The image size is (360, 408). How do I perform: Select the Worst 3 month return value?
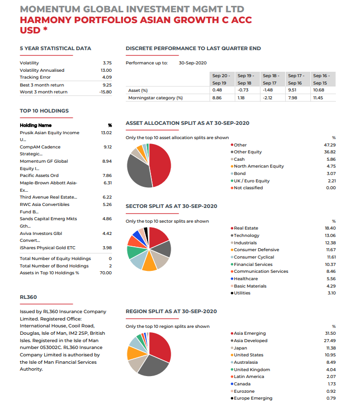pos(105,92)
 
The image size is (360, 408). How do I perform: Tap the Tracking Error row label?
pos(35,77)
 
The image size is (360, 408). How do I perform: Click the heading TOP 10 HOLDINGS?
pos(44,111)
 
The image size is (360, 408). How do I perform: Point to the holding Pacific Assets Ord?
pos(39,175)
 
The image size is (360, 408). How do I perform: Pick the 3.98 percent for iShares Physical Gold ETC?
pos(107,248)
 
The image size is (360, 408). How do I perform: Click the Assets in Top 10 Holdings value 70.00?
pos(105,273)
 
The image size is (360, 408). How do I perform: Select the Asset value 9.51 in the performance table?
pos(292,90)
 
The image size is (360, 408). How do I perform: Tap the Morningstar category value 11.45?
pos(318,98)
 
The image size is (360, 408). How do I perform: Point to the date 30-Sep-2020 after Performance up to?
pos(193,63)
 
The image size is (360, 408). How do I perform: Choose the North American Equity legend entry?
pos(259,166)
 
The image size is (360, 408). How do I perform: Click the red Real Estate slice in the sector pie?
pos(157,235)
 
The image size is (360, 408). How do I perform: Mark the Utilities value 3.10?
pos(331,293)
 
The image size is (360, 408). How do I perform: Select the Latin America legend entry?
pos(249,377)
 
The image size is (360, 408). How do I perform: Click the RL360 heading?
pos(29,297)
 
